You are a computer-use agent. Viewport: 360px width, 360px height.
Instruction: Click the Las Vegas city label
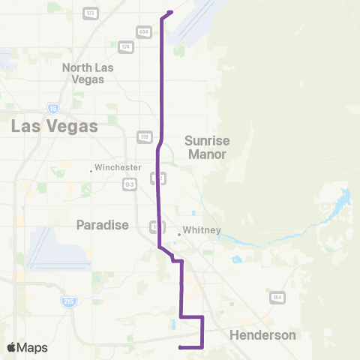[55, 126]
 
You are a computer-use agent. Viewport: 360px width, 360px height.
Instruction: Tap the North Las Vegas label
[88, 73]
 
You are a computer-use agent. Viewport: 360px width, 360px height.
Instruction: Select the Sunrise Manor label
[207, 147]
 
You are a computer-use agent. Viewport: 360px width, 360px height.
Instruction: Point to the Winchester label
[118, 167]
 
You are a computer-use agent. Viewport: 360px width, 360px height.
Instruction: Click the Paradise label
[103, 224]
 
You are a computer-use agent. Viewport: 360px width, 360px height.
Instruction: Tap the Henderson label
[263, 334]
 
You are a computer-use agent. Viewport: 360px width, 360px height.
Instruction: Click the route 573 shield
[91, 13]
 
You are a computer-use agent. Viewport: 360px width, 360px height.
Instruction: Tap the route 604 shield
[143, 31]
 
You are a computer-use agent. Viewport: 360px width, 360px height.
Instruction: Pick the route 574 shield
[126, 46]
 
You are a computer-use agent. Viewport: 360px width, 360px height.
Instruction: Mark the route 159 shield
[144, 136]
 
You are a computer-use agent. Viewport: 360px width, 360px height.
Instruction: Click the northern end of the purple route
[172, 11]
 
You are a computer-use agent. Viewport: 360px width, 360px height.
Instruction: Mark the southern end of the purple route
[180, 347]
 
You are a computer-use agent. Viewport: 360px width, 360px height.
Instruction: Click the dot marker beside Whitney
[179, 234]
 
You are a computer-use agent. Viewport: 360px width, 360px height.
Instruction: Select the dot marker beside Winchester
[91, 170]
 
